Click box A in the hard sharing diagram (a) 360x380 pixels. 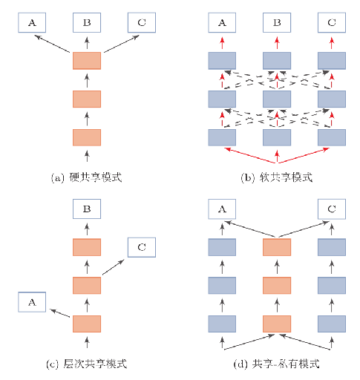pyautogui.click(x=32, y=23)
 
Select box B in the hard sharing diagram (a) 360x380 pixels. pyautogui.click(x=87, y=23)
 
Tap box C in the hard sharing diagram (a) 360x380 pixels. pyautogui.click(x=142, y=23)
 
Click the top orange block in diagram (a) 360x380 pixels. pyautogui.click(x=87, y=61)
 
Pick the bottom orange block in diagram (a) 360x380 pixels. pyautogui.click(x=87, y=137)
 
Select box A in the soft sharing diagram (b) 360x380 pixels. pyautogui.click(x=222, y=23)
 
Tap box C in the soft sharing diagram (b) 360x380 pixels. pyautogui.click(x=332, y=23)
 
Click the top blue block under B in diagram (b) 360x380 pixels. pyautogui.click(x=277, y=61)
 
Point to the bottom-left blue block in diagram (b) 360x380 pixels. pyautogui.click(x=222, y=137)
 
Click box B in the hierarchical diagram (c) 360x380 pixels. pyautogui.click(x=87, y=209)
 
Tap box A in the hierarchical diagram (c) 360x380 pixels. pyautogui.click(x=32, y=302)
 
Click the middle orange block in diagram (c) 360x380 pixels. pyautogui.click(x=87, y=285)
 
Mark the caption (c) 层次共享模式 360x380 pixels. pyautogui.click(x=87, y=364)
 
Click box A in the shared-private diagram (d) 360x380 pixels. pyautogui.click(x=222, y=209)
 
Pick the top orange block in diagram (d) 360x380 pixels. pyautogui.click(x=277, y=247)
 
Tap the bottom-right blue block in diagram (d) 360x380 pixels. pyautogui.click(x=332, y=323)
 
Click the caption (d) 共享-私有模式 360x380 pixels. pyautogui.click(x=277, y=364)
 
